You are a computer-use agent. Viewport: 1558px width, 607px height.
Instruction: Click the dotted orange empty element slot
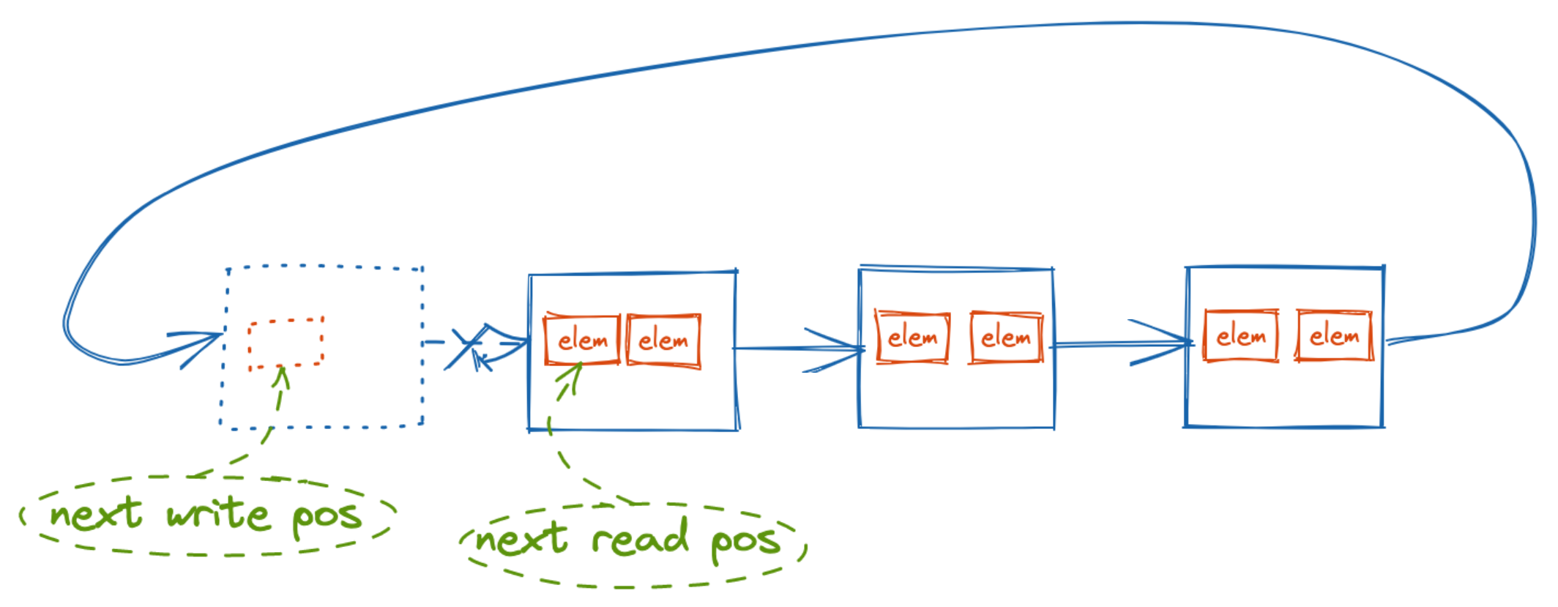tap(286, 343)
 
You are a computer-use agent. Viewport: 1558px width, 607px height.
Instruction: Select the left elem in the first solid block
tap(582, 340)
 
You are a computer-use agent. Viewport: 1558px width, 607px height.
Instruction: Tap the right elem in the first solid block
tap(663, 340)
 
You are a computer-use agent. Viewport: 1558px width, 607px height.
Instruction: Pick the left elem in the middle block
tap(912, 337)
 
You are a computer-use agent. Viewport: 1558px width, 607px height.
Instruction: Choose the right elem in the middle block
tap(1006, 337)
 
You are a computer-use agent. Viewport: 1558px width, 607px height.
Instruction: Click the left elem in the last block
tap(1241, 336)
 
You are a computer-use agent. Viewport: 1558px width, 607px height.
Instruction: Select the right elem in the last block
tap(1334, 336)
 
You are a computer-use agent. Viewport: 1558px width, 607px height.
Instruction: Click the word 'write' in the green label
tap(218, 513)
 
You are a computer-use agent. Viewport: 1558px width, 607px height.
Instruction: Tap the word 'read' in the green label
tap(640, 538)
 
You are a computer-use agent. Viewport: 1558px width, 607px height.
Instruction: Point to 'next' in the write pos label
tap(95, 513)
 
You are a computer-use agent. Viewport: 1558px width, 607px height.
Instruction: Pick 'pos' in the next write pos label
tap(327, 518)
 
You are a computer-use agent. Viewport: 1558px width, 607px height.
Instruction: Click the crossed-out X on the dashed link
tap(467, 346)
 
